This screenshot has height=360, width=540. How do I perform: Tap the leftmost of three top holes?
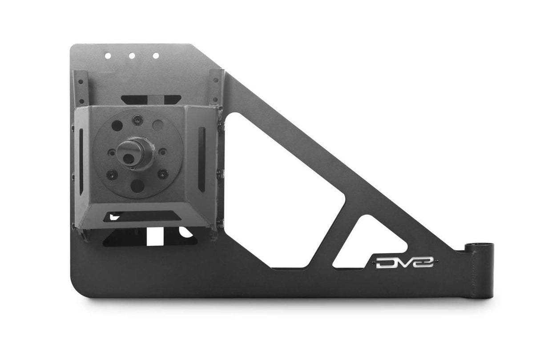coord(108,56)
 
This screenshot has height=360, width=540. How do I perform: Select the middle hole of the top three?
coord(132,56)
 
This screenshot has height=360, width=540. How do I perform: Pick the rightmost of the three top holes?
coord(156,56)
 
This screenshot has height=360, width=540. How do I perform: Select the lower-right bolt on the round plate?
coord(163,173)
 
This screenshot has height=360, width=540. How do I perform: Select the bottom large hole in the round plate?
coord(137,186)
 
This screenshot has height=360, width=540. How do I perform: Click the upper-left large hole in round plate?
coord(117,126)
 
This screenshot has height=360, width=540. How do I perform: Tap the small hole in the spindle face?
coord(128,159)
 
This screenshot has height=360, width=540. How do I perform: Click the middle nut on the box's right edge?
coord(220,173)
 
